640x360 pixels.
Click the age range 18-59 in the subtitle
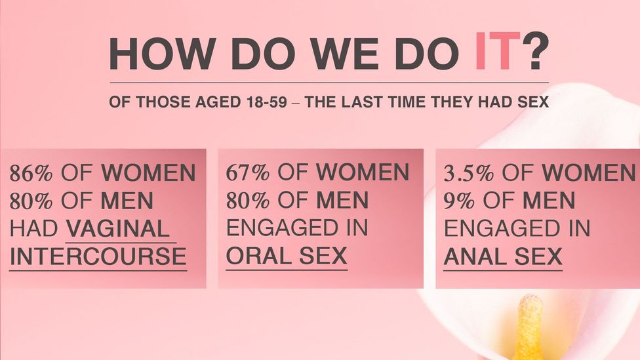click(266, 102)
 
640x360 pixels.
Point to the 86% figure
click(31, 173)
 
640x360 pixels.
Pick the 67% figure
click(247, 172)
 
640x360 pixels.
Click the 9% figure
click(459, 201)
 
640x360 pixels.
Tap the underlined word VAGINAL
click(117, 229)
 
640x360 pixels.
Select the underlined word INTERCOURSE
click(98, 256)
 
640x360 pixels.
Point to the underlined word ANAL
click(475, 256)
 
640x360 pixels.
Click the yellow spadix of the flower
click(529, 329)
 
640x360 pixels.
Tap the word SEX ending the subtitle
click(534, 102)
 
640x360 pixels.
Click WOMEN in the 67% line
click(363, 172)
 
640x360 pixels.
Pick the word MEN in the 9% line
click(549, 201)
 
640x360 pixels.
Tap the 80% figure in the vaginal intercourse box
click(31, 201)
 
